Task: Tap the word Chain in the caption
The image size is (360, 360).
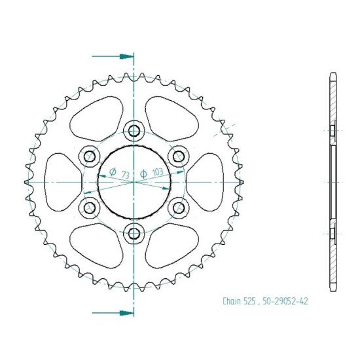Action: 231,302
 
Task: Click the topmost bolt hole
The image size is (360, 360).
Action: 134,130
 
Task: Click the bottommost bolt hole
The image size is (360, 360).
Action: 134,233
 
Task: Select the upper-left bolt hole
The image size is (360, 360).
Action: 89,156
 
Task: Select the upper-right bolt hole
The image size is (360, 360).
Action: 179,156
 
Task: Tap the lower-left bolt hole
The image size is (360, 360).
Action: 89,207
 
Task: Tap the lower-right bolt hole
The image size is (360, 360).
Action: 179,207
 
